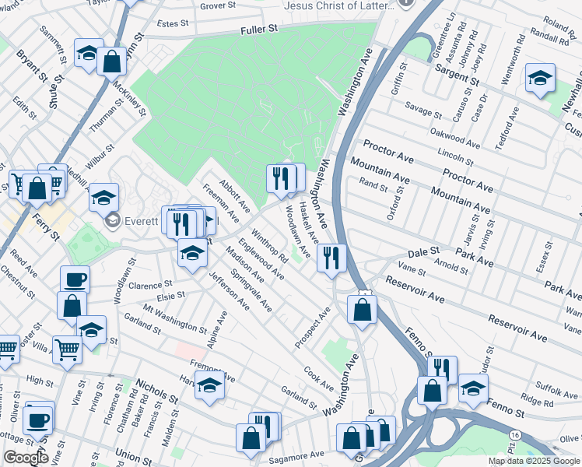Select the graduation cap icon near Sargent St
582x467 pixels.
tap(540, 78)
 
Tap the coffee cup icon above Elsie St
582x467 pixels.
tap(75, 279)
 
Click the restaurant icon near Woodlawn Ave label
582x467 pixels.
tap(331, 258)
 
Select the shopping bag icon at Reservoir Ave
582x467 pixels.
tap(363, 309)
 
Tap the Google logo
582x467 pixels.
tap(25, 458)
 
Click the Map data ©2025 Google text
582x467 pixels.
tap(533, 461)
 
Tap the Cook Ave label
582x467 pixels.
tap(319, 379)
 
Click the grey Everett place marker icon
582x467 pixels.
tap(113, 221)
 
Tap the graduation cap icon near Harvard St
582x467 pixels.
tap(209, 385)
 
